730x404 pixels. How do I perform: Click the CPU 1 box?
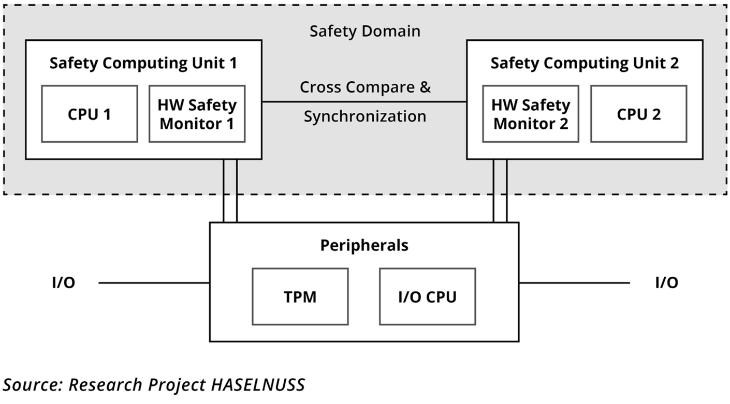(89, 114)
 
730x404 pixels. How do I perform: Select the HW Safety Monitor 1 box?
(197, 114)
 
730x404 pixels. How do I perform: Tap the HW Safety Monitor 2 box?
(530, 114)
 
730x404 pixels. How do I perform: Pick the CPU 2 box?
(638, 114)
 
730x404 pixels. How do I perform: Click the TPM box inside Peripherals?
(300, 296)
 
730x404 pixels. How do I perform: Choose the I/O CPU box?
(427, 296)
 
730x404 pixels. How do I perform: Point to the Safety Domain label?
(364, 31)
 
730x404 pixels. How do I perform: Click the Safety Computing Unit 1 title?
(143, 63)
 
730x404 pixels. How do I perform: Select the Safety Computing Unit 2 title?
(584, 63)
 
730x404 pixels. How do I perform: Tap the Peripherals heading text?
(364, 245)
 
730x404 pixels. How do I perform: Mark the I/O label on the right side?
(666, 283)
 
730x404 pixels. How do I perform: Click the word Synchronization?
(364, 116)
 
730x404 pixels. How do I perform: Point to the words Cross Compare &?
(364, 87)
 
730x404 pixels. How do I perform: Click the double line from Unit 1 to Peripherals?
(230, 191)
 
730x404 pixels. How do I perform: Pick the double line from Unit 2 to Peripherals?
(500, 191)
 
